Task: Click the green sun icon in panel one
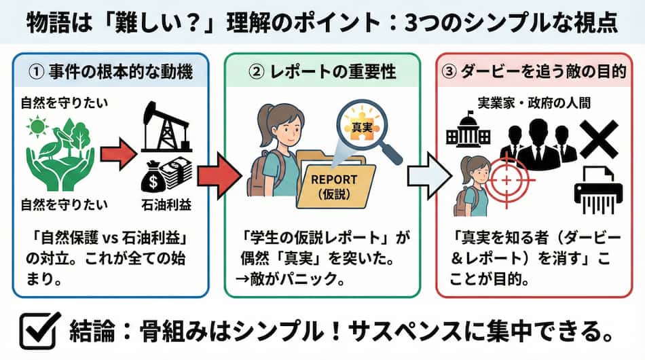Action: [x=37, y=127]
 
